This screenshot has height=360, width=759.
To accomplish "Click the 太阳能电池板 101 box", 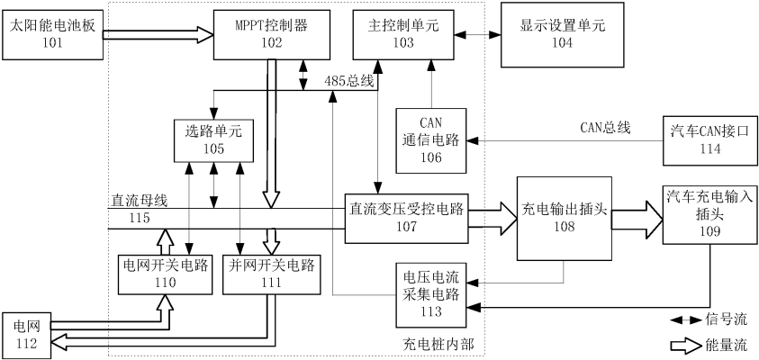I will click(51, 34).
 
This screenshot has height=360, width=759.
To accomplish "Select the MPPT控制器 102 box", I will click(261, 33).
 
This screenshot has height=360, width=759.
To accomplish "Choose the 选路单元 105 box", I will click(213, 138).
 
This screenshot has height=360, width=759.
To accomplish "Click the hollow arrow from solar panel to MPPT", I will click(158, 35).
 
